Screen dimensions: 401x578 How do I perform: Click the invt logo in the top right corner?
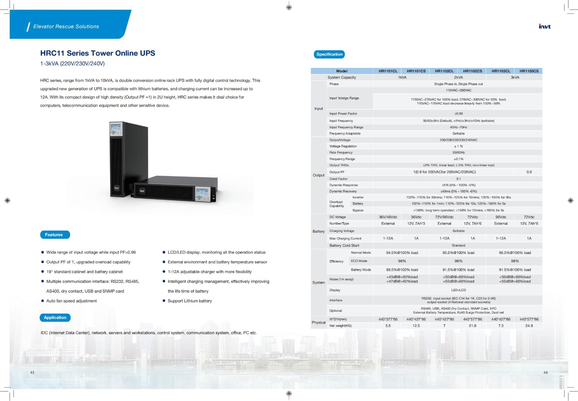click(545, 26)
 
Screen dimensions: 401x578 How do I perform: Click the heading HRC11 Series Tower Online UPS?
click(98, 53)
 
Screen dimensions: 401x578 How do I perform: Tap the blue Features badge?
click(55, 235)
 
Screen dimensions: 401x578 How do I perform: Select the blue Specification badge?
click(329, 55)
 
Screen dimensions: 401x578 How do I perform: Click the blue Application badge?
click(55, 318)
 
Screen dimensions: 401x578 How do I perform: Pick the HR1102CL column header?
click(444, 71)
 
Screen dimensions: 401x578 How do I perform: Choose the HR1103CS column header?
click(529, 71)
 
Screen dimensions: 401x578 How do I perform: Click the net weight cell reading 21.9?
click(473, 326)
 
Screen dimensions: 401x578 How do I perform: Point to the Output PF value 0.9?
click(529, 172)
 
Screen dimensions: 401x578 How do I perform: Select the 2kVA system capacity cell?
click(458, 77)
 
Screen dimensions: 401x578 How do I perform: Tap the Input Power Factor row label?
click(343, 113)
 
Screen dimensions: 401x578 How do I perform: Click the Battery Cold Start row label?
click(344, 246)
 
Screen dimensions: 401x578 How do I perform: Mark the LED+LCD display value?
click(458, 290)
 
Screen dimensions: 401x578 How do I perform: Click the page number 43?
click(32, 372)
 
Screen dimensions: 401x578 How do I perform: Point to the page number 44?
click(545, 372)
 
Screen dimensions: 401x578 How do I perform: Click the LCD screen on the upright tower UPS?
click(116, 128)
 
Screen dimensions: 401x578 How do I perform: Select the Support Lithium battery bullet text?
click(190, 301)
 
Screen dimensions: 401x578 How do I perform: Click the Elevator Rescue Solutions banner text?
click(66, 26)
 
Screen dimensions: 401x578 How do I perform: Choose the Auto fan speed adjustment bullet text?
click(72, 301)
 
